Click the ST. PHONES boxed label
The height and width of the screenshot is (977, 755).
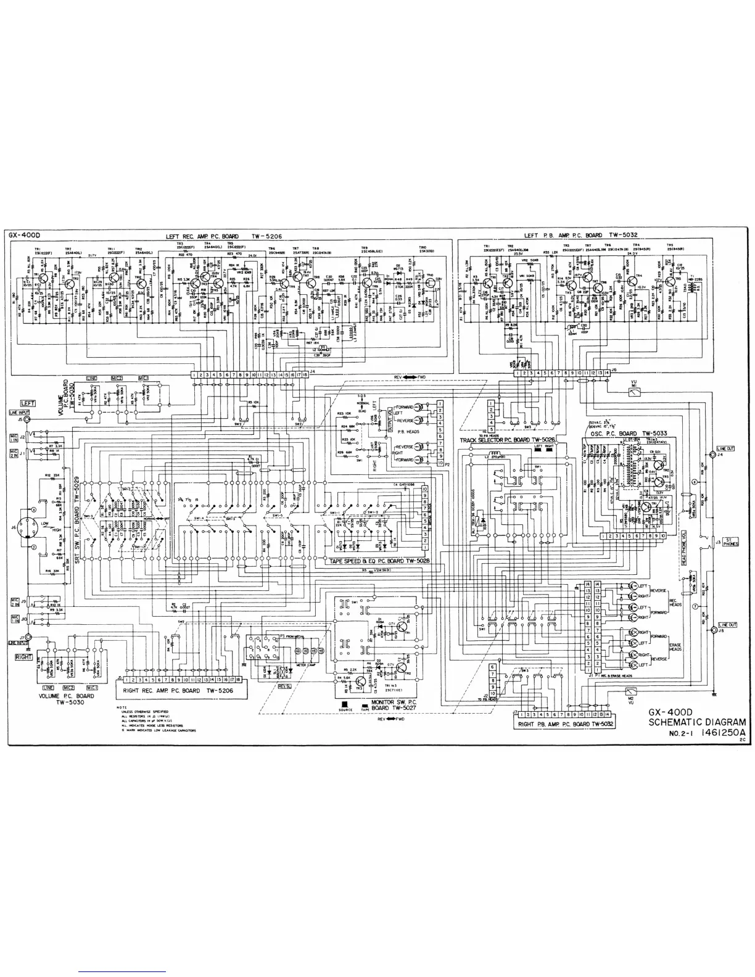click(732, 541)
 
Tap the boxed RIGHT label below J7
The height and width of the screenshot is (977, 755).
click(24, 657)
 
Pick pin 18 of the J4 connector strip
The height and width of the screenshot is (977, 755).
click(305, 374)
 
